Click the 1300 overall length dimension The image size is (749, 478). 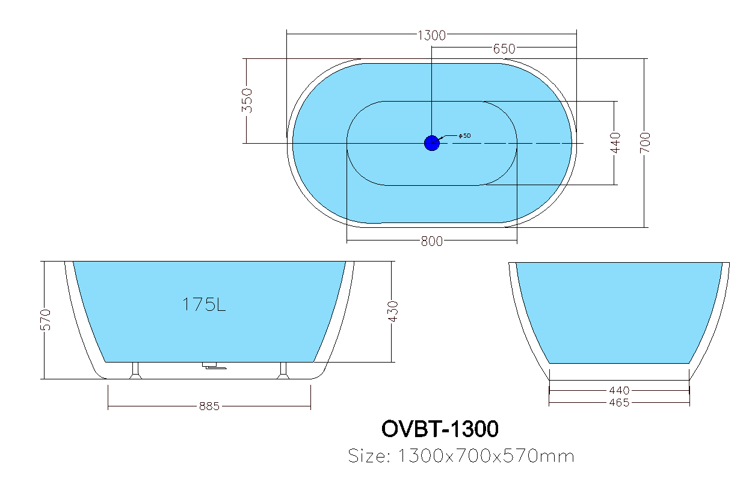[x=431, y=35]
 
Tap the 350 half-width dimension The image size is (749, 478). [x=248, y=101]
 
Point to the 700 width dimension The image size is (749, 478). [x=646, y=142]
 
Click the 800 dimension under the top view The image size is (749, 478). [x=431, y=242]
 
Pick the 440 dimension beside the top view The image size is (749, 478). [x=615, y=142]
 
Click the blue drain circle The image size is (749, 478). [x=432, y=143]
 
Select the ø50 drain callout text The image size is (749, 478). [x=464, y=136]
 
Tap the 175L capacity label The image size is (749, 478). [x=204, y=305]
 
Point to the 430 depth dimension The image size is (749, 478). [x=393, y=311]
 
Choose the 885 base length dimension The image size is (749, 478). [x=209, y=406]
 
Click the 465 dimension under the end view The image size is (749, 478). [x=618, y=402]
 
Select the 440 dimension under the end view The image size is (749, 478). [x=618, y=391]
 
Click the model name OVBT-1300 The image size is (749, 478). [x=440, y=429]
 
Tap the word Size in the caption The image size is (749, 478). [x=368, y=456]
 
